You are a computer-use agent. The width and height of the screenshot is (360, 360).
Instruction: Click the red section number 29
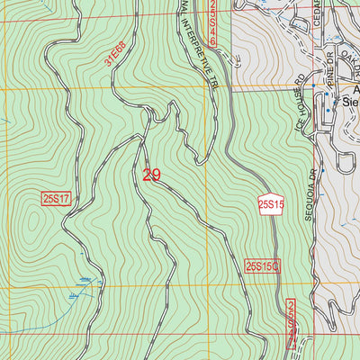(x=151, y=174)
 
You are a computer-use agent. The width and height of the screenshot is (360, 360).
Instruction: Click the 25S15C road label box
(x=263, y=265)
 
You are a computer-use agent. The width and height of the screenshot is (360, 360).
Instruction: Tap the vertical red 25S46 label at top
(x=213, y=22)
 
